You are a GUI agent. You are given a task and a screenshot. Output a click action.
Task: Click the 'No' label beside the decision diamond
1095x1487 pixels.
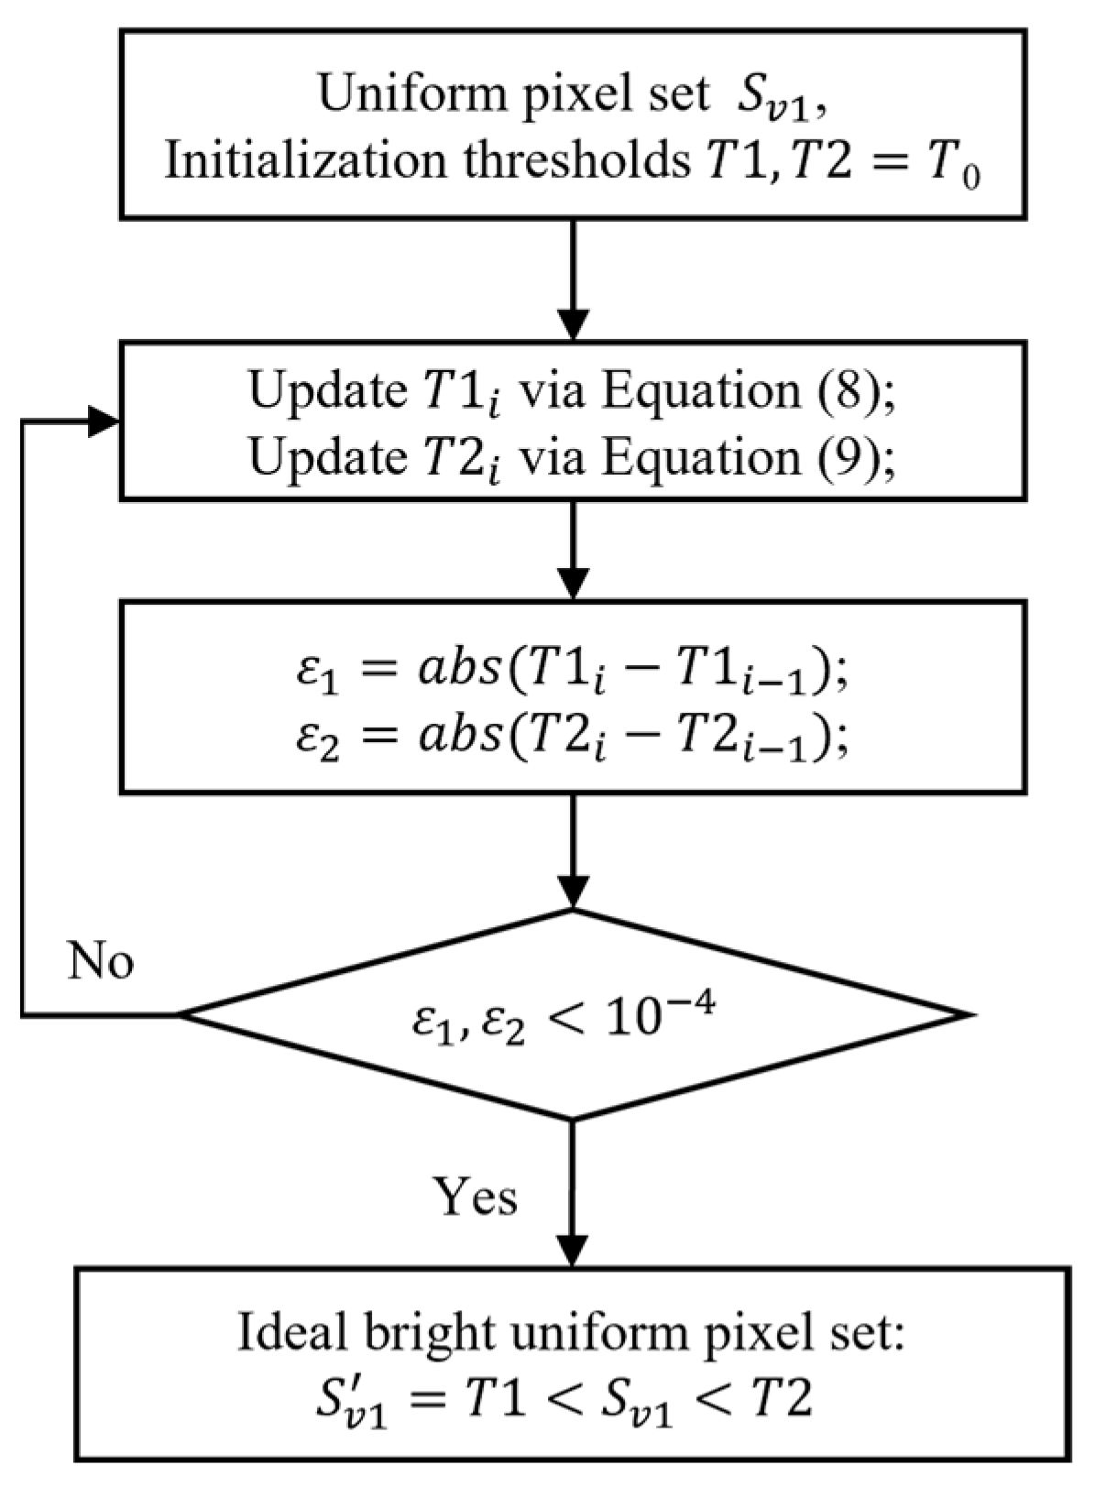pyautogui.click(x=101, y=962)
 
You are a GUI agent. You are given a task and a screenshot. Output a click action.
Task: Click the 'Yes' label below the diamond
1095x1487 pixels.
pyautogui.click(x=475, y=1197)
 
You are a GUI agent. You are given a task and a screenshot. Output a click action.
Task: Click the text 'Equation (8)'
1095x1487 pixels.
pyautogui.click(x=746, y=392)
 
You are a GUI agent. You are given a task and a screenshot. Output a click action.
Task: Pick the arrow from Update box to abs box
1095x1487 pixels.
pyautogui.click(x=573, y=550)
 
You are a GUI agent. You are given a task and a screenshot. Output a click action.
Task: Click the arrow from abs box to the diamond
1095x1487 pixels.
pyautogui.click(x=573, y=852)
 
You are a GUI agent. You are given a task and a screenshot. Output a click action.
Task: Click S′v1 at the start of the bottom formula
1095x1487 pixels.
pyautogui.click(x=347, y=1404)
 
